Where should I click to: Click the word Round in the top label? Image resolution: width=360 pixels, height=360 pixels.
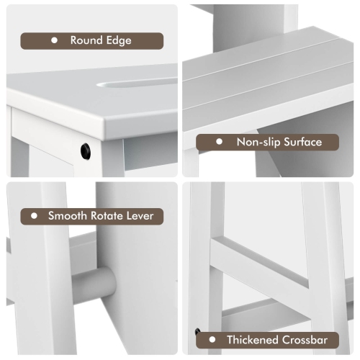point(85,40)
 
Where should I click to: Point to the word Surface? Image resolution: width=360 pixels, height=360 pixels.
point(302,142)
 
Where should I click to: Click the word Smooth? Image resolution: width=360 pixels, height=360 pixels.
point(67,215)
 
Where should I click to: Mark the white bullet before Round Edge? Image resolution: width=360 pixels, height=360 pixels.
point(54,41)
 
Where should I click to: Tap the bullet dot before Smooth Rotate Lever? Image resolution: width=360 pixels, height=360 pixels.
point(33,215)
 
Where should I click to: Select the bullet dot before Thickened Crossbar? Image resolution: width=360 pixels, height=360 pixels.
point(212,340)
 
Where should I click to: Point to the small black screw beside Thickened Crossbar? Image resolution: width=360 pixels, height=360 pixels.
point(197,331)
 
